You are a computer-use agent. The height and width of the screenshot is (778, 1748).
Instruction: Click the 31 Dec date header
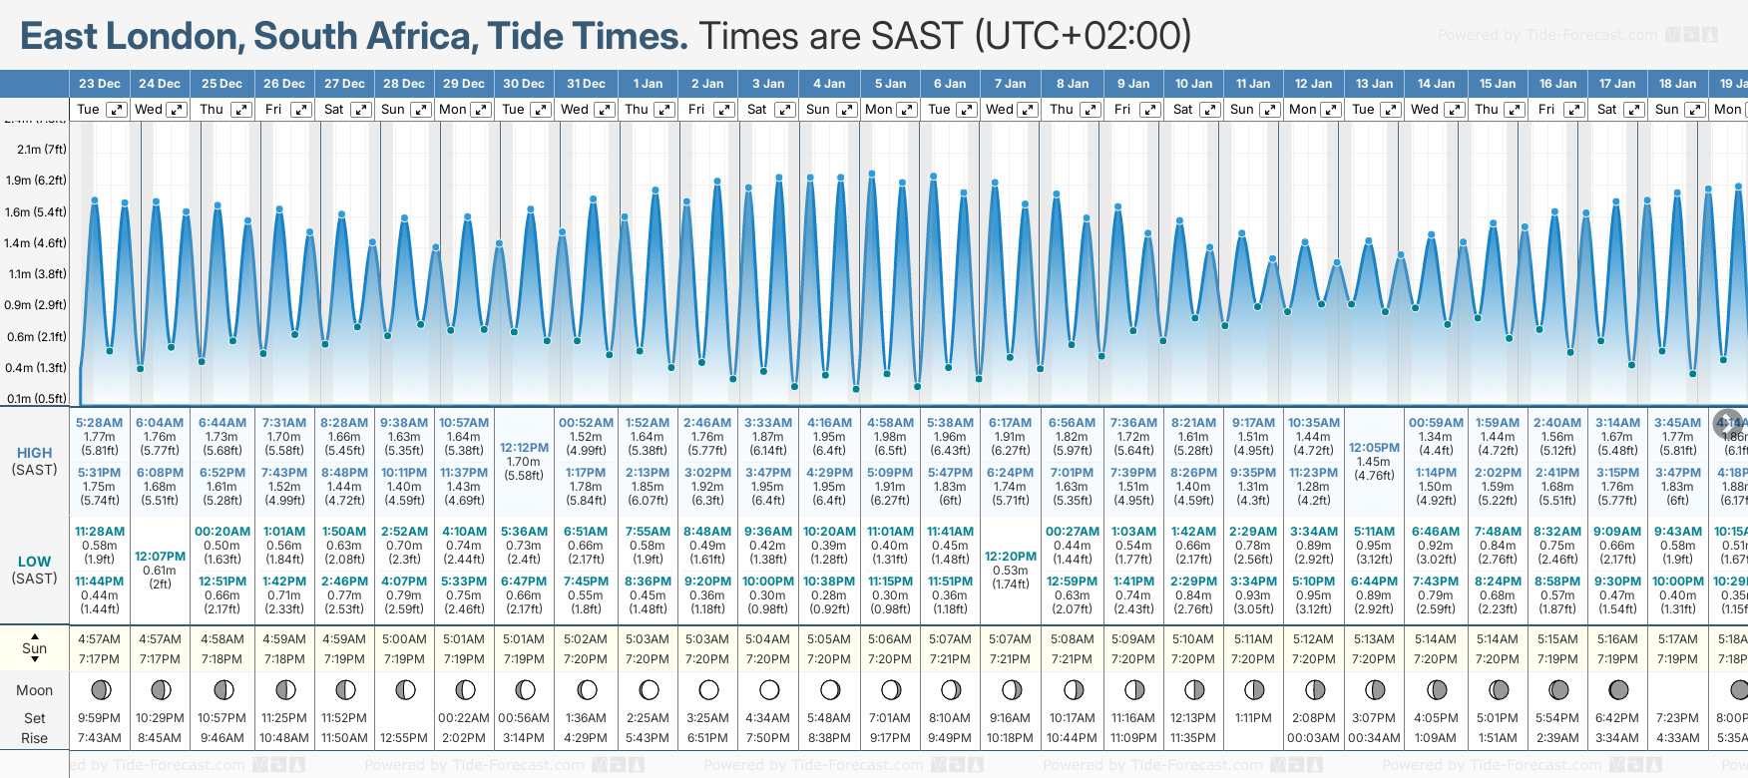pos(586,84)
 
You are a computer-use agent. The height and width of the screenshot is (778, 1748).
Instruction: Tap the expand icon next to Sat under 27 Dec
pos(361,110)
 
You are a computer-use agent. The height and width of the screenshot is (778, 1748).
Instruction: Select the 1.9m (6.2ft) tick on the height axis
pos(36,181)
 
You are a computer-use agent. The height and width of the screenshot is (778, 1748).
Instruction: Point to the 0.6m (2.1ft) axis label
pos(36,336)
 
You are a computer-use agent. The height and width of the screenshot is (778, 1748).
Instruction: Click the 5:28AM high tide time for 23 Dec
pos(99,423)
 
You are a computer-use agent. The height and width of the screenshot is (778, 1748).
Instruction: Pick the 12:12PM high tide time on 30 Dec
pos(524,448)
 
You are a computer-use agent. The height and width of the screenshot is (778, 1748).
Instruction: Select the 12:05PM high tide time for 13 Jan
pos(1374,448)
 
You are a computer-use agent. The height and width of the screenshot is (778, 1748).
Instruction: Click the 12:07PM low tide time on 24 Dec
pos(160,557)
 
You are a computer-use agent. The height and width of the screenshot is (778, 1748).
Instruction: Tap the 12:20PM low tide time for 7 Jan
pos(1010,557)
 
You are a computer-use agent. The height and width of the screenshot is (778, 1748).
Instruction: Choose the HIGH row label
pos(34,453)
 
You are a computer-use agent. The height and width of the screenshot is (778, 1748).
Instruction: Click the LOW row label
pos(34,562)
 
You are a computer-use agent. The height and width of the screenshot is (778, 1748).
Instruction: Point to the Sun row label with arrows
pos(34,648)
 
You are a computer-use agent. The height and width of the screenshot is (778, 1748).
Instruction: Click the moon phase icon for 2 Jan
pos(708,689)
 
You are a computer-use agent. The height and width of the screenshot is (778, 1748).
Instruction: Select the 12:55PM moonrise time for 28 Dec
pos(404,738)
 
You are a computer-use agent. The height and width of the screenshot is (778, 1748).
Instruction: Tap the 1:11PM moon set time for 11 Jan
pos(1253,718)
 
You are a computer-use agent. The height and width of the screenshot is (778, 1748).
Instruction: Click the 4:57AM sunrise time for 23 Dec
pos(99,639)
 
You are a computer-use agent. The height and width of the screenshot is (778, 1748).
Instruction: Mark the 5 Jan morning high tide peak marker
pos(872,174)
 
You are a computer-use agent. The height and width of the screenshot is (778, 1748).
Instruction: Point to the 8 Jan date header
pos(1073,84)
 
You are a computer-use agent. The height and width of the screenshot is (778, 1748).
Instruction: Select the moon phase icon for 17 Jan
pos(1617,689)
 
